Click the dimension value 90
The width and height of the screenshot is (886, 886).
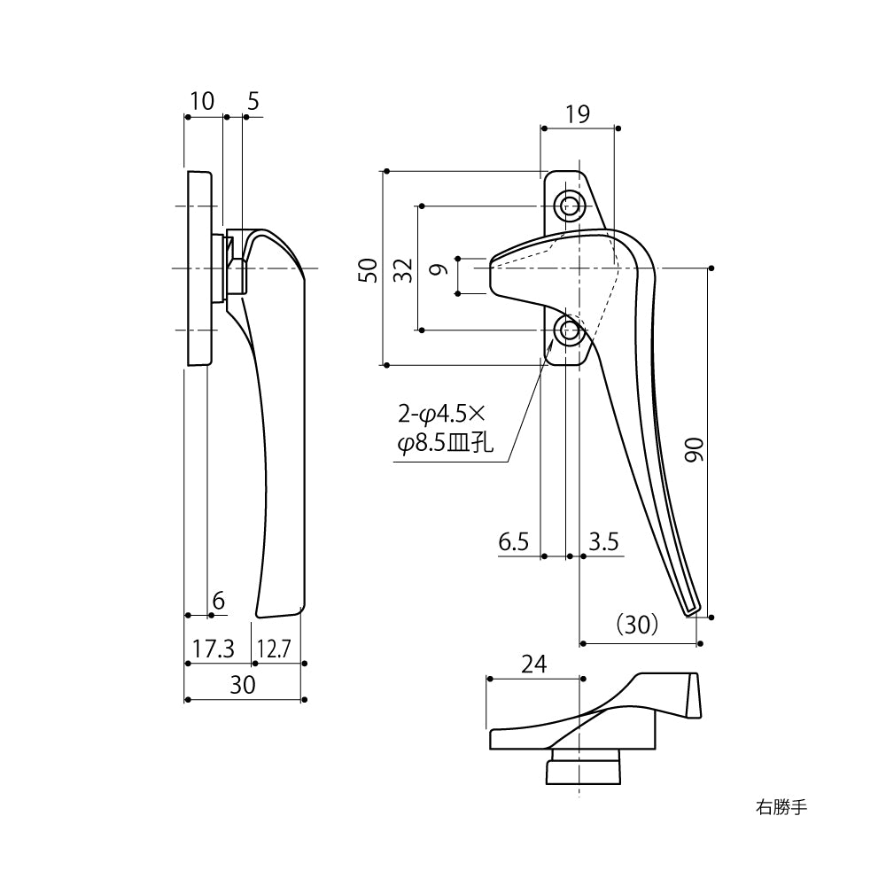[x=696, y=452]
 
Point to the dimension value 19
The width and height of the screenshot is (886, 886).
[x=577, y=113]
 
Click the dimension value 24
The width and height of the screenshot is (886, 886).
[x=533, y=664]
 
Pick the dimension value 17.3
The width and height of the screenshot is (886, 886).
[x=213, y=649]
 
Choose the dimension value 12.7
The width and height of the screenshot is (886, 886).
[x=274, y=649]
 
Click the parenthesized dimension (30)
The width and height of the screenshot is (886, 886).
[x=636, y=626]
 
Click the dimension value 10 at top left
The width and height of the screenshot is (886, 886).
[x=202, y=101]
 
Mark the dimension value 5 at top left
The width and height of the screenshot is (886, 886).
[x=253, y=101]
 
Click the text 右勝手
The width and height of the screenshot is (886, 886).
[x=781, y=807]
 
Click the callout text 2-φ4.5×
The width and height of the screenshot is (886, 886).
[x=437, y=414]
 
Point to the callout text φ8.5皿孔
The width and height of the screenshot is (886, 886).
[x=443, y=444]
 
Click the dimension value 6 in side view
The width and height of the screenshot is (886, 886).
[x=219, y=602]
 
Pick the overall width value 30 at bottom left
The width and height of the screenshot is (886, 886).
[x=242, y=685]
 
